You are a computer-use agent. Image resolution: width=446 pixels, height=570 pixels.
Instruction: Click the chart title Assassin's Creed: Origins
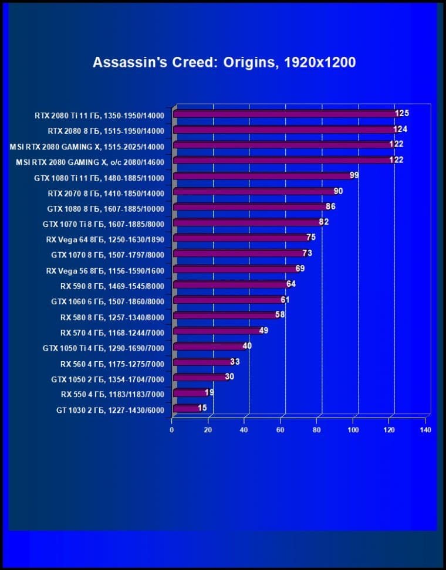[224, 63]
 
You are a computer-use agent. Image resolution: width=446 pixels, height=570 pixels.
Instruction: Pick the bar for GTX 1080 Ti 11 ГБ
[262, 176]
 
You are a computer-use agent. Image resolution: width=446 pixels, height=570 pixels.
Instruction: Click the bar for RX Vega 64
[241, 238]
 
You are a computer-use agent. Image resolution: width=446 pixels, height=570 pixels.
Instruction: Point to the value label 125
[402, 113]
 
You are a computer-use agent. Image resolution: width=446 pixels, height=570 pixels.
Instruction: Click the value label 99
[354, 175]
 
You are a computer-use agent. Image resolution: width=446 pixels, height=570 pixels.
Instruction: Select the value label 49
[263, 331]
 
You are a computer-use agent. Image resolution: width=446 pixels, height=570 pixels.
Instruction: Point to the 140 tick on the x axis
[425, 430]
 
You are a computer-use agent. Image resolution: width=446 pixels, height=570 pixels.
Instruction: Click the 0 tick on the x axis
[172, 430]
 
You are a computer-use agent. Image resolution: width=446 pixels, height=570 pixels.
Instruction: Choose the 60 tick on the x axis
[281, 430]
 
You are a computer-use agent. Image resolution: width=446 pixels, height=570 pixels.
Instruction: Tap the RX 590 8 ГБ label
[112, 286]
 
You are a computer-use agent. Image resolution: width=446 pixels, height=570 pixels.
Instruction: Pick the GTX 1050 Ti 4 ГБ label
[103, 348]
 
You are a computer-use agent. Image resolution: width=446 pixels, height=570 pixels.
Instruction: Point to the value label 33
[235, 362]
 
